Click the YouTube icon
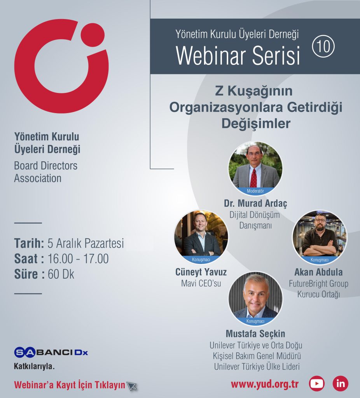(x=316, y=384)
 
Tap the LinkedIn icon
(x=341, y=384)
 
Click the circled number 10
(x=323, y=46)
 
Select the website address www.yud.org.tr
(x=264, y=384)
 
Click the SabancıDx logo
(x=51, y=352)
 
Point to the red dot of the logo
(x=93, y=35)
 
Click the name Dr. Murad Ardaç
(x=255, y=203)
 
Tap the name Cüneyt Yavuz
(x=201, y=272)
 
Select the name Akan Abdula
(x=318, y=272)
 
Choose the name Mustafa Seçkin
(x=255, y=333)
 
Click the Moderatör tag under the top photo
(x=255, y=191)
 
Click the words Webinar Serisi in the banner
(x=238, y=56)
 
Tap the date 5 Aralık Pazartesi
(x=86, y=243)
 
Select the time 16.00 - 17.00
(x=78, y=258)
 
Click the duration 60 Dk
(x=61, y=274)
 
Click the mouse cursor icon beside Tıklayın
(x=132, y=386)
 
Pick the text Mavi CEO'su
(x=201, y=283)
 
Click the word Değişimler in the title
(x=256, y=124)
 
